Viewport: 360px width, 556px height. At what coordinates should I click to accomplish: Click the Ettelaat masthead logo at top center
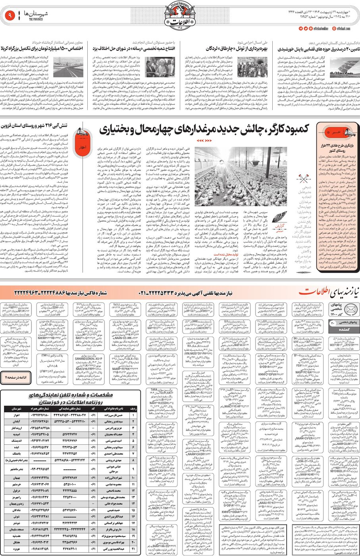click(180, 15)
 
